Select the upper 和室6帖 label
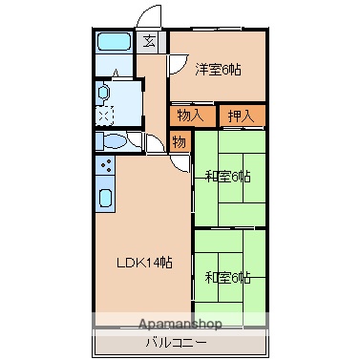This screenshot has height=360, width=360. (x=227, y=177)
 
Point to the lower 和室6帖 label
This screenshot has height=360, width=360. (x=227, y=278)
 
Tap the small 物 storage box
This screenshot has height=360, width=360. (x=179, y=141)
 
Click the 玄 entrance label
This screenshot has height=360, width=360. (x=151, y=41)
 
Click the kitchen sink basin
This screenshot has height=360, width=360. (x=106, y=201)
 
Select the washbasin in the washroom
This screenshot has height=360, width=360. (x=105, y=95)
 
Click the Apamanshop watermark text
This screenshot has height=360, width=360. (x=179, y=324)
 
